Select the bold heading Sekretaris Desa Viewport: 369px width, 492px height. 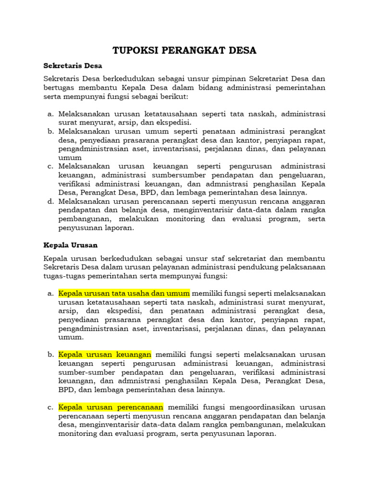(x=73, y=65)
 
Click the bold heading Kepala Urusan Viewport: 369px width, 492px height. (x=70, y=245)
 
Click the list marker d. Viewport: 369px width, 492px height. (x=50, y=201)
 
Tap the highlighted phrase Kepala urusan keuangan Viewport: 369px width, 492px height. (x=105, y=354)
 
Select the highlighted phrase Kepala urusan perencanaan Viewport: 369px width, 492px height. (x=111, y=407)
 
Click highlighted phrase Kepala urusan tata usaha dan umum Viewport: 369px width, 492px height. (x=124, y=293)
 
